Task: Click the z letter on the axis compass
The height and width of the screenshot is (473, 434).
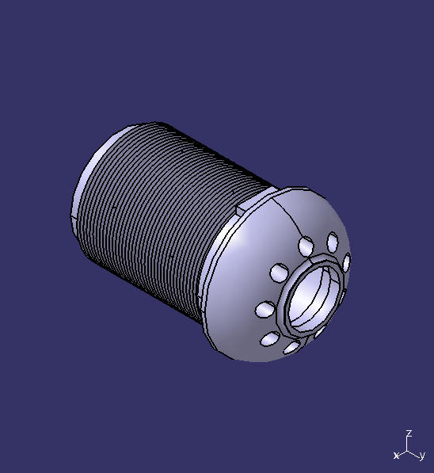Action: coord(408,433)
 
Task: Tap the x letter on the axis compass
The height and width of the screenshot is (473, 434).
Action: coord(396,456)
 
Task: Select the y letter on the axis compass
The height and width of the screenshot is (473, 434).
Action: coord(422,456)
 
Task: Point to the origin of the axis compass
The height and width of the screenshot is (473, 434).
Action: coord(408,449)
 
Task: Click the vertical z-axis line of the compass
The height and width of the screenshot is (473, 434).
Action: coord(408,442)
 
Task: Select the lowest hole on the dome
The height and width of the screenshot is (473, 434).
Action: coord(291,347)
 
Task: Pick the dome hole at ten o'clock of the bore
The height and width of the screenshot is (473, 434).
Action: coord(279,273)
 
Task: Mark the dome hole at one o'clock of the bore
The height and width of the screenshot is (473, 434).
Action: coord(332,240)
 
